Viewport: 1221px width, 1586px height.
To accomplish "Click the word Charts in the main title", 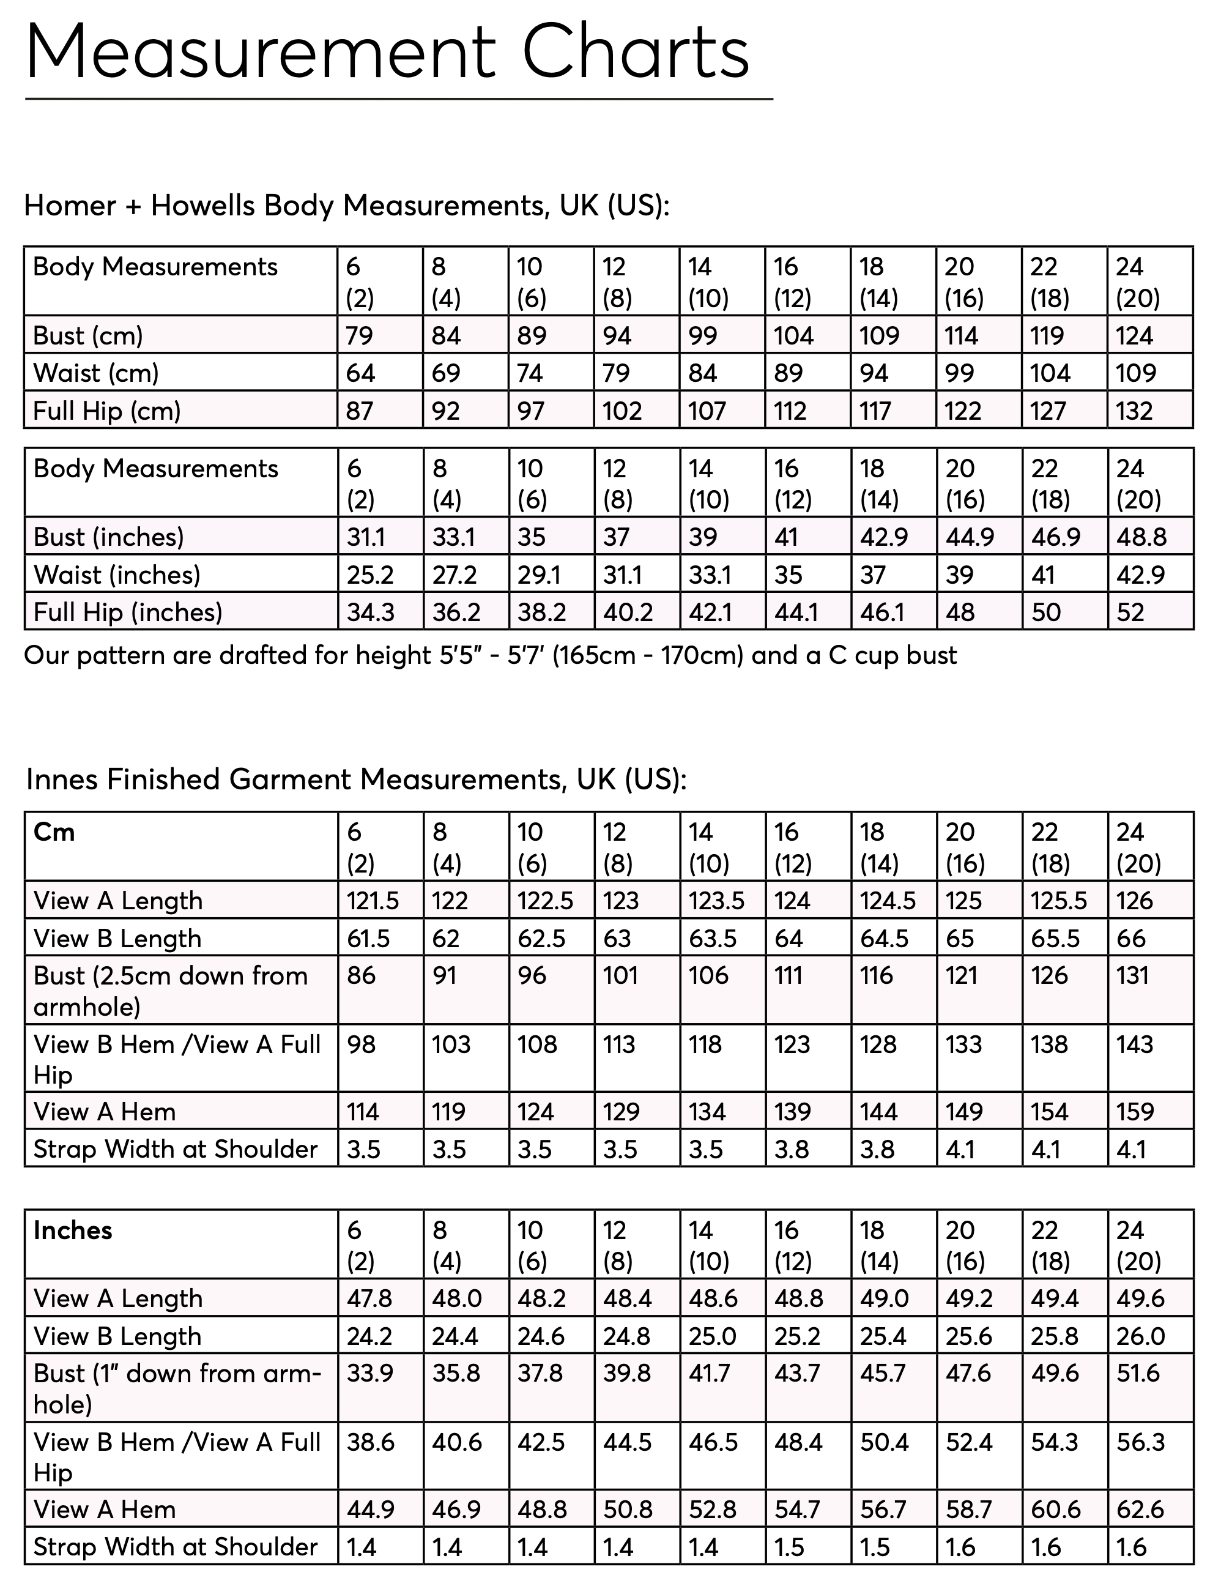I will (x=635, y=52).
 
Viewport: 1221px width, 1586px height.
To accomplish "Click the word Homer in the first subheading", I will (x=70, y=206).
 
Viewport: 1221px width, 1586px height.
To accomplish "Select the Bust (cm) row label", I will (x=88, y=335).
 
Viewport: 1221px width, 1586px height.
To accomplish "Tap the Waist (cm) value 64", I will (x=360, y=373).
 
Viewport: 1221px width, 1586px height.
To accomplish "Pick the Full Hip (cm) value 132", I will (x=1134, y=411).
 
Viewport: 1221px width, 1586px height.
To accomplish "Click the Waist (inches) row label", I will (x=116, y=575).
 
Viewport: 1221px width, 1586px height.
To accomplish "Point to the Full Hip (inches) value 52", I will (x=1130, y=612).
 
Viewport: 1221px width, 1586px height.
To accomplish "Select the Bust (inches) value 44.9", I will (x=969, y=537).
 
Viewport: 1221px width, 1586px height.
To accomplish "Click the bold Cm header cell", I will (x=54, y=832).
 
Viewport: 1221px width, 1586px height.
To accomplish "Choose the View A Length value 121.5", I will (x=373, y=901).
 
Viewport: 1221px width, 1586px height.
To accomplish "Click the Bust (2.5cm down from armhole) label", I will (x=171, y=991).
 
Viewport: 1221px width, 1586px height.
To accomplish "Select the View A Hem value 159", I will (x=1134, y=1112).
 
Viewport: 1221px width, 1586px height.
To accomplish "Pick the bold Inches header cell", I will (x=73, y=1230).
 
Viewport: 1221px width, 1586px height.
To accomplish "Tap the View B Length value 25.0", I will (x=712, y=1336).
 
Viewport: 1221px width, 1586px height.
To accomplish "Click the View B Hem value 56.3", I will (x=1140, y=1442).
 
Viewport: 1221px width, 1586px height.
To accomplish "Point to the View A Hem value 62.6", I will (x=1140, y=1510).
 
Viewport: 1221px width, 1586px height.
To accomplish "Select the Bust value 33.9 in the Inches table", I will (x=369, y=1373).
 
